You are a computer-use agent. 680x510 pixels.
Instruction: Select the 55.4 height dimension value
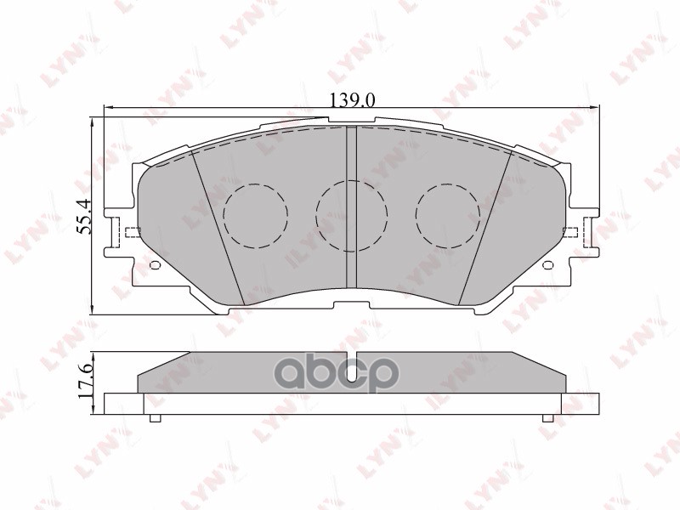(82, 217)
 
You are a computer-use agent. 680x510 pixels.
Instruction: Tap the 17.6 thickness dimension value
(84, 383)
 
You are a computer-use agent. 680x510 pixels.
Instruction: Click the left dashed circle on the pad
(256, 216)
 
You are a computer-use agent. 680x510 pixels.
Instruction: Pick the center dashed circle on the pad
(351, 215)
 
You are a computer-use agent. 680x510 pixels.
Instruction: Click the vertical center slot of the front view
(351, 212)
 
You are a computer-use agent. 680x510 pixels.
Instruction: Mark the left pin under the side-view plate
(155, 418)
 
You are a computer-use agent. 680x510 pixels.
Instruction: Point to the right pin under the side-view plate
(547, 418)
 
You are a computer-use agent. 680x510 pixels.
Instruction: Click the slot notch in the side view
(351, 359)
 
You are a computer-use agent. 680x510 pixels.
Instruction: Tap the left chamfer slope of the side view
(164, 363)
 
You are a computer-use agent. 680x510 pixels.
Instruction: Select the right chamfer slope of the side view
(539, 363)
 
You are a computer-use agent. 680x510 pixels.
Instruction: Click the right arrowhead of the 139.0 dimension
(594, 108)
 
